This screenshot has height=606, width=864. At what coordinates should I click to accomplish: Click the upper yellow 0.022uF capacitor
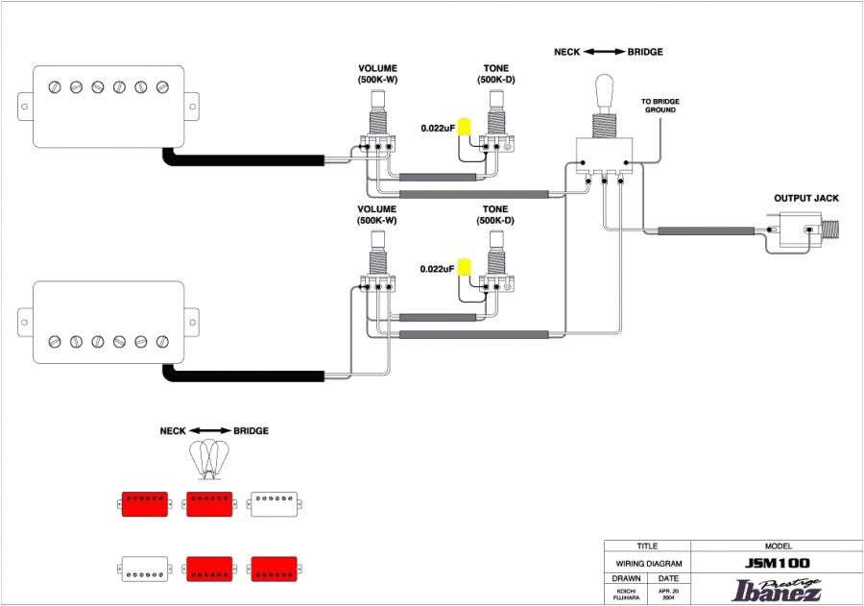(x=465, y=129)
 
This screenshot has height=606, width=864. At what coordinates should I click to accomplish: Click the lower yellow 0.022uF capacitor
(x=465, y=268)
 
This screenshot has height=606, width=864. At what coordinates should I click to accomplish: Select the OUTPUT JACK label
(x=806, y=199)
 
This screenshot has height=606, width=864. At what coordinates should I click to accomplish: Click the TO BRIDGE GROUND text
(x=660, y=106)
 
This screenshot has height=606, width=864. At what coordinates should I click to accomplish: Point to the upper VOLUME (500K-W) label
(x=377, y=74)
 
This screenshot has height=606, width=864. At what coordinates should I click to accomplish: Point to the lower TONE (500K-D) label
(x=495, y=214)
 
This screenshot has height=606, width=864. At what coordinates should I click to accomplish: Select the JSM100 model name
(x=777, y=564)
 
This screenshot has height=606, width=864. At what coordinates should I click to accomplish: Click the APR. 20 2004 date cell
(x=668, y=594)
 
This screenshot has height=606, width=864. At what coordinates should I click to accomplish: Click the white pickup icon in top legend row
(x=274, y=503)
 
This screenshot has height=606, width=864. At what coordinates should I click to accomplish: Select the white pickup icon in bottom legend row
(x=145, y=569)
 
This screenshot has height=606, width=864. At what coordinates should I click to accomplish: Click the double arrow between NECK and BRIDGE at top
(x=604, y=52)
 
